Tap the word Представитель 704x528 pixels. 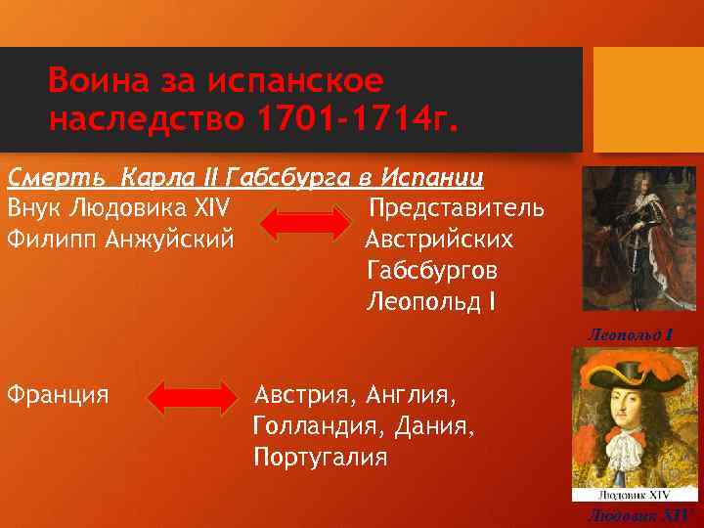point(458,209)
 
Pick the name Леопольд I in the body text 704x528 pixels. point(431,300)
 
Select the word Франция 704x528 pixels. point(57,395)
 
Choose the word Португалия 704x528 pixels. point(320,456)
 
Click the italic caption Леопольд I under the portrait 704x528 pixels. point(631,334)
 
